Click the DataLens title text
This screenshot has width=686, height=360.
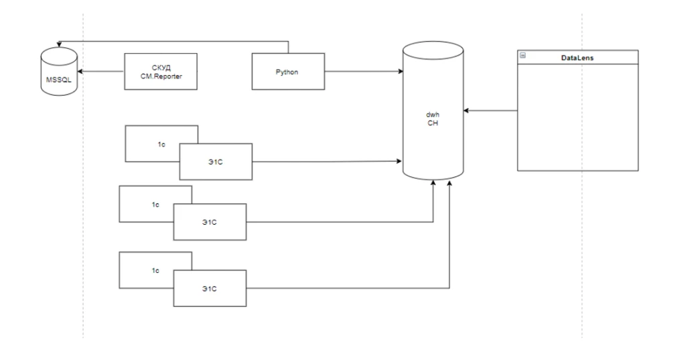[x=577, y=58]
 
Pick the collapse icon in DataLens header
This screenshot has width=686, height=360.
[x=523, y=56]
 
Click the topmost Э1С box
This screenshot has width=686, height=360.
[x=216, y=161]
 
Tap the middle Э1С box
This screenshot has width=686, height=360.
[x=210, y=222]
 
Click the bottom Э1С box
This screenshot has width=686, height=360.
[x=210, y=288]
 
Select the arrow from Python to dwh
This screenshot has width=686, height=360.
[x=362, y=71]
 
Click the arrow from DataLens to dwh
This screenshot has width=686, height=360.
[x=492, y=111]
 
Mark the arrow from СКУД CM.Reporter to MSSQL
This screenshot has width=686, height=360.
[x=100, y=71]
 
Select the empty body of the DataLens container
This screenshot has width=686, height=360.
[x=577, y=117]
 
